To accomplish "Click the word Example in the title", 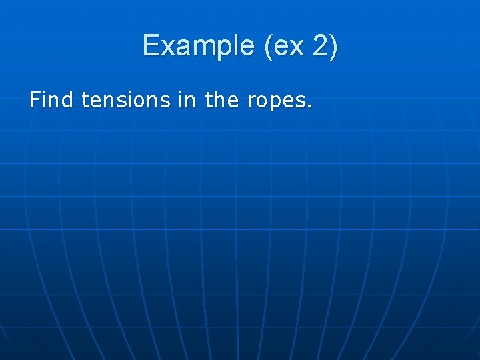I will [x=198, y=46].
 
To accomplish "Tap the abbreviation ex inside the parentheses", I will [x=288, y=46].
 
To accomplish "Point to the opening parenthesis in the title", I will [x=269, y=46].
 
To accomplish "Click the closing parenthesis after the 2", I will [x=333, y=46].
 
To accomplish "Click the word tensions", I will [x=126, y=101].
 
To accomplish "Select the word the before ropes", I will [x=221, y=101].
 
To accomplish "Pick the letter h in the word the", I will [x=219, y=101].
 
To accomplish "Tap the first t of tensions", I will [x=85, y=101].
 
